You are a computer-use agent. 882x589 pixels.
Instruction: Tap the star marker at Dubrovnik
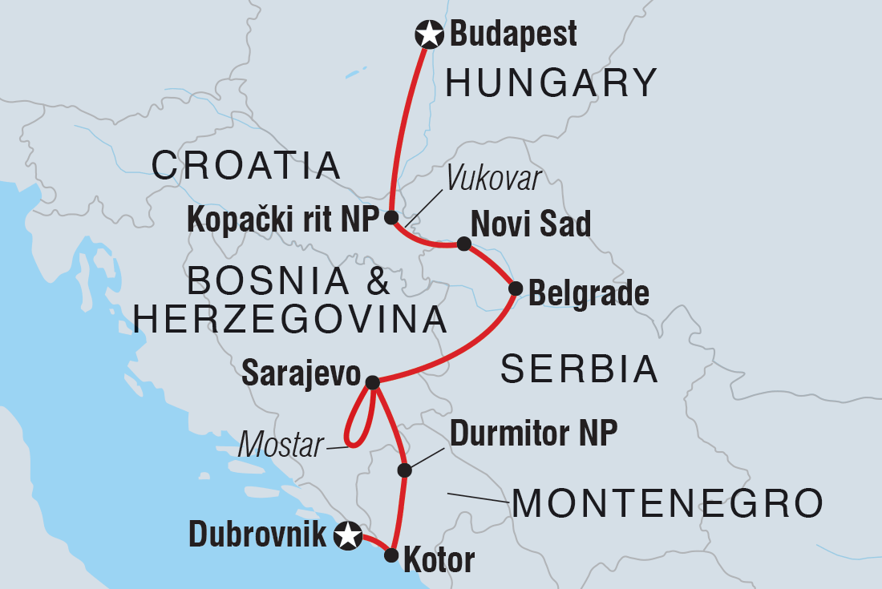(x=347, y=535)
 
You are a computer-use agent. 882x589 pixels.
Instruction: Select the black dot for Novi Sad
(x=463, y=244)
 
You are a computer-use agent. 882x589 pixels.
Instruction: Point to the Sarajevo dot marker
(x=372, y=382)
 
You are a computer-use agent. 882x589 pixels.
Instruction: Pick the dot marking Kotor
(x=391, y=555)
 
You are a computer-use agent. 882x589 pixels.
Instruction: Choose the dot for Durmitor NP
(x=405, y=470)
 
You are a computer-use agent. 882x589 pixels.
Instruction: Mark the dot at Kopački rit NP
(x=390, y=217)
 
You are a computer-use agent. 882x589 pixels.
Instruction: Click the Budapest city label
(x=513, y=34)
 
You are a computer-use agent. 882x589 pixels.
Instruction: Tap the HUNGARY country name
(x=552, y=83)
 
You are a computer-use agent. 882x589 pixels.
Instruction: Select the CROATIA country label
(x=247, y=166)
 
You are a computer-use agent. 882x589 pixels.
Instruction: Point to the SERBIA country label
(x=579, y=369)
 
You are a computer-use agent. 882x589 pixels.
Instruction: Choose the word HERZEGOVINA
(x=289, y=320)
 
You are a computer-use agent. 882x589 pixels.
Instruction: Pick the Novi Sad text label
(x=531, y=224)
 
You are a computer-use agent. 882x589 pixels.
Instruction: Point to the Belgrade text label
(x=589, y=293)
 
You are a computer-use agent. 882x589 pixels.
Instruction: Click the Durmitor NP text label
(x=533, y=434)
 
